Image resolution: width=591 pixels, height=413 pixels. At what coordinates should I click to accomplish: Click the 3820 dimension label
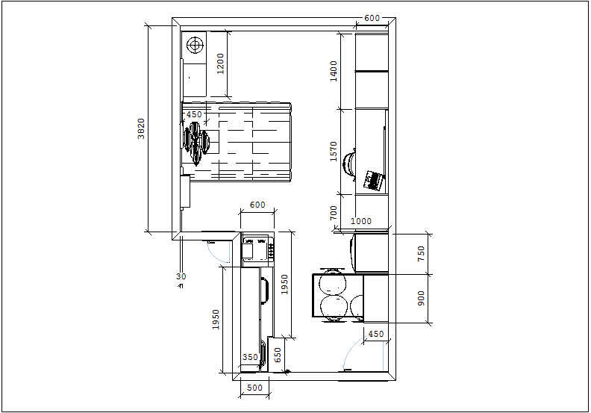coord(141,128)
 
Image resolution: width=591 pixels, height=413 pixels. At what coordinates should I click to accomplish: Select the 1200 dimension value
coord(220,63)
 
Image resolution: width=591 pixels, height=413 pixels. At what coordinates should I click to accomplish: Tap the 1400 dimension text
coord(334,71)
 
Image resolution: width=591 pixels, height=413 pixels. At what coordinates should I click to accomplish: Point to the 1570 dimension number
coord(334,152)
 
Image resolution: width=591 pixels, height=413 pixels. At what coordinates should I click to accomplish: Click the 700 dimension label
coord(334,213)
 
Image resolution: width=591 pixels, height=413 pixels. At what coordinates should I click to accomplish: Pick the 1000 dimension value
coord(361,221)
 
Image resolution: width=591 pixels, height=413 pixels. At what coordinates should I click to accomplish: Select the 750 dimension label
coord(422,254)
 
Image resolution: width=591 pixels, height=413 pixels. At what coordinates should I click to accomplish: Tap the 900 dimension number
coord(422,298)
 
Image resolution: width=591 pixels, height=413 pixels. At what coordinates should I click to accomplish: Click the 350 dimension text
coord(250,357)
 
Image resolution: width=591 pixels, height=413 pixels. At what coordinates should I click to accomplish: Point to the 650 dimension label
coord(278,355)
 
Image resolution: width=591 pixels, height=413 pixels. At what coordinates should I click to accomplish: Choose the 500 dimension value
coord(254,388)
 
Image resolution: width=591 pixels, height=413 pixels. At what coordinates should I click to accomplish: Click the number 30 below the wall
coord(181,276)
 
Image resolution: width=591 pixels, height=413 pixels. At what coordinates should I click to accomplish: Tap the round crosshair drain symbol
coord(195,46)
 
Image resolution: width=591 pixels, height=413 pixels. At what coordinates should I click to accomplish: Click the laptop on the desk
coord(374,180)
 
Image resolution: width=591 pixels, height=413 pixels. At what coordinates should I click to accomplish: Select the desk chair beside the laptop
coord(349,163)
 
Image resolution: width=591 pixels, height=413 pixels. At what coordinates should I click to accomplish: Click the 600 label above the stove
coord(257,205)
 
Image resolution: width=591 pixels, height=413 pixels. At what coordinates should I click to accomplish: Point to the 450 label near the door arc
coord(376,334)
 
